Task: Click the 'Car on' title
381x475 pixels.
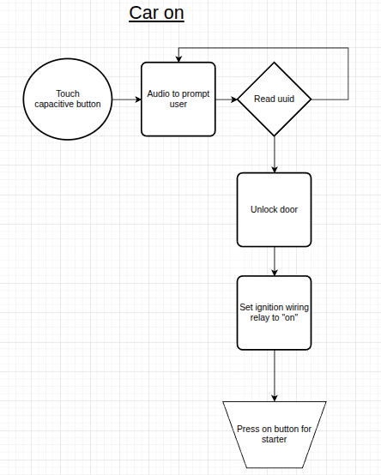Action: tap(156, 13)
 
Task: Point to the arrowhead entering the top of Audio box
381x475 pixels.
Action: tap(178, 59)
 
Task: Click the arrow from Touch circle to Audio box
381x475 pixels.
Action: tap(127, 99)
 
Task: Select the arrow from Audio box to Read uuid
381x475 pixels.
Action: tap(227, 99)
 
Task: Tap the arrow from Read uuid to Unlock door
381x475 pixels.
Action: tap(275, 154)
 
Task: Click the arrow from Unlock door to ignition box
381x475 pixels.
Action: tap(275, 262)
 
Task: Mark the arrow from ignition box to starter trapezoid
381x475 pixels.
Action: tap(275, 376)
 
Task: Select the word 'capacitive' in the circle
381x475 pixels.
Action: tap(54, 105)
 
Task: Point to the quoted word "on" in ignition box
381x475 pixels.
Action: tap(289, 318)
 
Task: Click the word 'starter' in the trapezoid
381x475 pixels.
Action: tap(274, 440)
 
